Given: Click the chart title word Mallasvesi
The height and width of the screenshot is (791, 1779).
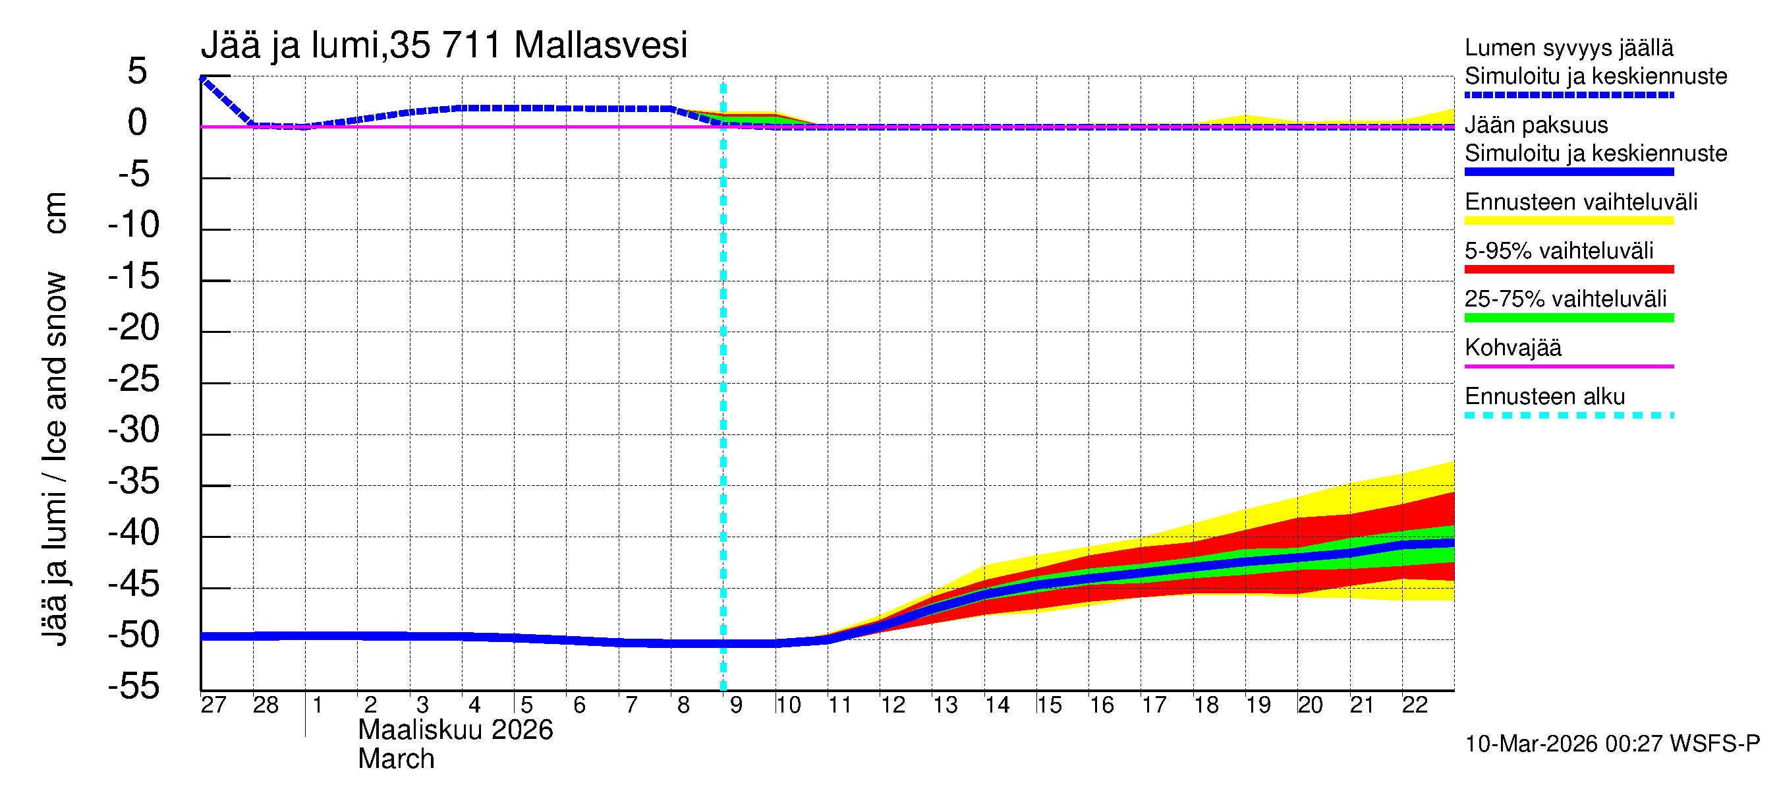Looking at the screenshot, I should (x=600, y=45).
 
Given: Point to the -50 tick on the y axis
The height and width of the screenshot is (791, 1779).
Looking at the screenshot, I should (x=134, y=635).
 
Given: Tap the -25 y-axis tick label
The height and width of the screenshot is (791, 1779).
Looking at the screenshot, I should (x=134, y=378).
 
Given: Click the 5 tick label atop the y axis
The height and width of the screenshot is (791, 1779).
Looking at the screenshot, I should (x=138, y=71).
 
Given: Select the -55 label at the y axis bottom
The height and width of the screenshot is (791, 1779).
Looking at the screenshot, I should (x=134, y=686).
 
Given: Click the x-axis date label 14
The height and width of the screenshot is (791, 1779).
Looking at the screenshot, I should (x=996, y=705).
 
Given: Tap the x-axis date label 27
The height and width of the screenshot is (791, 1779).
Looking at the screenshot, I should (x=213, y=705).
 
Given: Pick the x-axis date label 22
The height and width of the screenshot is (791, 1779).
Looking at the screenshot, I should (x=1414, y=705).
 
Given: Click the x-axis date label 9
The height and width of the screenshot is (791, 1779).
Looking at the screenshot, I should (x=735, y=705).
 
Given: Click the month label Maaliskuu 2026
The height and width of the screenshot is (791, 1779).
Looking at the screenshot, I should (x=455, y=730).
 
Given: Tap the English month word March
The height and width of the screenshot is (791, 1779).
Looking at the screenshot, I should (x=396, y=759).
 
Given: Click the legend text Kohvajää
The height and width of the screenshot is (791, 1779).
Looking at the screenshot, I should (x=1512, y=347).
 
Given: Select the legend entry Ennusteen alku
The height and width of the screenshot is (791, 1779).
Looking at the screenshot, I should (x=1544, y=397).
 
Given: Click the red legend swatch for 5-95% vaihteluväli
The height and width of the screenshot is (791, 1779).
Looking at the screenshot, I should (x=1568, y=270).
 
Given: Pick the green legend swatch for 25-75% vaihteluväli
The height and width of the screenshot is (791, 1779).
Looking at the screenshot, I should (x=1568, y=318).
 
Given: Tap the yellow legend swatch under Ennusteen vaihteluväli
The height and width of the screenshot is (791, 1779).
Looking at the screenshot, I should (x=1568, y=221).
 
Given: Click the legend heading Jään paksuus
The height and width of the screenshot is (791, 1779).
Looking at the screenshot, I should (x=1536, y=125).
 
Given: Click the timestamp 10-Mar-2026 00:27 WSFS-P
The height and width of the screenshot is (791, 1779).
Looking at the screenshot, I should (x=1612, y=744).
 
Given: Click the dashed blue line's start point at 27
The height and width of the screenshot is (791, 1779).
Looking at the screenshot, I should (x=202, y=78).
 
